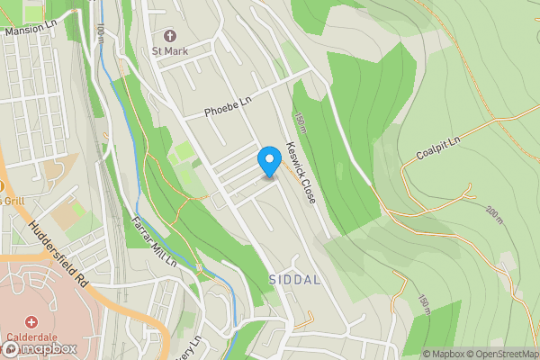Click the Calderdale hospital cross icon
click(31, 321)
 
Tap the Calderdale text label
click(33, 337)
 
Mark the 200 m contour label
click(492, 216)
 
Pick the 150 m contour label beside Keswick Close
click(300, 123)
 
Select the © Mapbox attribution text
click(443, 354)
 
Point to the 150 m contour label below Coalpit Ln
click(424, 304)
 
